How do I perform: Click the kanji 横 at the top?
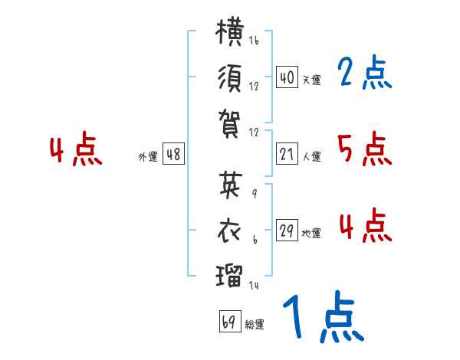[229, 31]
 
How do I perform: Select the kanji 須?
[230, 78]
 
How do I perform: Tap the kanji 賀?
[229, 124]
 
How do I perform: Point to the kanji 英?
[231, 185]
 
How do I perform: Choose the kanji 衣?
[230, 231]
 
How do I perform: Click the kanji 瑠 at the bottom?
[229, 276]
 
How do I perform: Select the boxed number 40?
[287, 77]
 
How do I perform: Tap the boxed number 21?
[287, 154]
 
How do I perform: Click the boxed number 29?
[287, 230]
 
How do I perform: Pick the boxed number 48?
[173, 154]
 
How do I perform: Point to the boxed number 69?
[230, 321]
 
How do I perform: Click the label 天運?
[311, 80]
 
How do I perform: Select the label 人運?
[311, 156]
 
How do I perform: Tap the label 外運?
[148, 156]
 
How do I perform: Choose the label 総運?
[255, 324]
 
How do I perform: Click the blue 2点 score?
[364, 73]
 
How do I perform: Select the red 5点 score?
[365, 149]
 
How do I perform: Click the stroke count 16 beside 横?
[254, 40]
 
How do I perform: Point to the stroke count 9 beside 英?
[255, 194]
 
